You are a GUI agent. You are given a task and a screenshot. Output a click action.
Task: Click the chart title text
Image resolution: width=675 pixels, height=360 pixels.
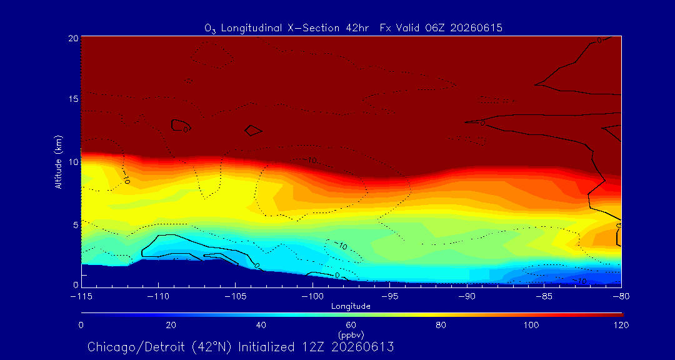[353, 28]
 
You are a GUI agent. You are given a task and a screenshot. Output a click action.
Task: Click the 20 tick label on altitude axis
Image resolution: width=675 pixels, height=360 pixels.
[74, 38]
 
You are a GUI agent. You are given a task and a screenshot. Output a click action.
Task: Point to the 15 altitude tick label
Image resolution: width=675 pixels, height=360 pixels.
[74, 99]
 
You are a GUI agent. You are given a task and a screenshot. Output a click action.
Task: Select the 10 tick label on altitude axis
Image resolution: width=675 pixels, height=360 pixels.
[74, 162]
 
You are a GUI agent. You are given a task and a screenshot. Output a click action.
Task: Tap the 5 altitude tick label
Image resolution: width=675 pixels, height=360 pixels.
[76, 225]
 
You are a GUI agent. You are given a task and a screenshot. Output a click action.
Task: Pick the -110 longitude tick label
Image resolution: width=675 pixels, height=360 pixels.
[158, 297]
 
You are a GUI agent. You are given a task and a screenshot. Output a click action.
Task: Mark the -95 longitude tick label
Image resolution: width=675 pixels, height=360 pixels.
[389, 297]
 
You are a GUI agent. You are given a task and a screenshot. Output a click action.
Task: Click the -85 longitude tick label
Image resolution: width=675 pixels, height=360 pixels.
[544, 297]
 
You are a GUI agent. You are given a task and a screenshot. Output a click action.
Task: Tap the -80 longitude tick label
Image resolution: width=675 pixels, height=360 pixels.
[621, 297]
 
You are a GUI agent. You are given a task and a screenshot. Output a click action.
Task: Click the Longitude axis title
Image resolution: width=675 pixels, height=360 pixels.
[351, 307]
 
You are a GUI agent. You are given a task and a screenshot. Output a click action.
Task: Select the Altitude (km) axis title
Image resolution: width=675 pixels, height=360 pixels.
[58, 160]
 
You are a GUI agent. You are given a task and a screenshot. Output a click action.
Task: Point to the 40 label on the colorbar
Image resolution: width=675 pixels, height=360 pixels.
[261, 325]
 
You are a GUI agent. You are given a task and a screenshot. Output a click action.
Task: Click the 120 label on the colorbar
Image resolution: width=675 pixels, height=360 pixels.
[620, 325]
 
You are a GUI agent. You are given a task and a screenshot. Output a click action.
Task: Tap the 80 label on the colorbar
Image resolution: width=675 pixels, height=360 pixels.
[441, 325]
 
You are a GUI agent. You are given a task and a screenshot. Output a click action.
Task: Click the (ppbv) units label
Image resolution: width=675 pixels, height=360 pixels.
[351, 333]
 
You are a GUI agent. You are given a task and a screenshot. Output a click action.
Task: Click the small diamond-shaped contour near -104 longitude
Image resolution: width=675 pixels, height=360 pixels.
[253, 130]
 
